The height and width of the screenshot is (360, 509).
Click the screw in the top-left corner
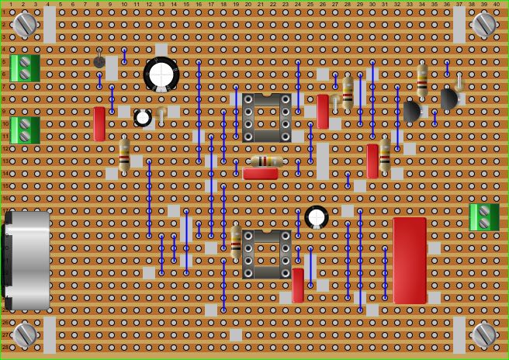(25, 24)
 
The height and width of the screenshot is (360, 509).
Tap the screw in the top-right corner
(484, 24)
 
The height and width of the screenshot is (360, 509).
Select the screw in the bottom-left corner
(25, 334)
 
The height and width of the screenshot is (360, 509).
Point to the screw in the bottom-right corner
(484, 334)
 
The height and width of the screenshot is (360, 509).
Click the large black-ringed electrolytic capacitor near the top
(161, 74)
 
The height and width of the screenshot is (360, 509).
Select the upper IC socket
(266, 117)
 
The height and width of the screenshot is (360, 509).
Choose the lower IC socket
(266, 254)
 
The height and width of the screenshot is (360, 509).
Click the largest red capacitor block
(410, 260)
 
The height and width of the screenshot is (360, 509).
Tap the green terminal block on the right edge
(484, 217)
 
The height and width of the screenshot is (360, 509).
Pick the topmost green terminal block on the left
(25, 68)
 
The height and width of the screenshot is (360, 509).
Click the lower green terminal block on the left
(25, 130)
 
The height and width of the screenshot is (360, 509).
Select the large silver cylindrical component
(28, 260)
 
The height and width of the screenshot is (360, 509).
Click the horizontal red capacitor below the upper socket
(261, 174)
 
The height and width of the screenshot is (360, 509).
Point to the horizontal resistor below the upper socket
(266, 161)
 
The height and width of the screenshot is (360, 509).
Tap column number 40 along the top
(496, 5)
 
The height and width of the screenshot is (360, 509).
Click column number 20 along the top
(248, 5)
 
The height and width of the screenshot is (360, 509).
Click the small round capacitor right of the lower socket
(317, 216)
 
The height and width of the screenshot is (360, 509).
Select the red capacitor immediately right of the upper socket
(323, 111)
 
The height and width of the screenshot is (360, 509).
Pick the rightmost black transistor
(449, 99)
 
